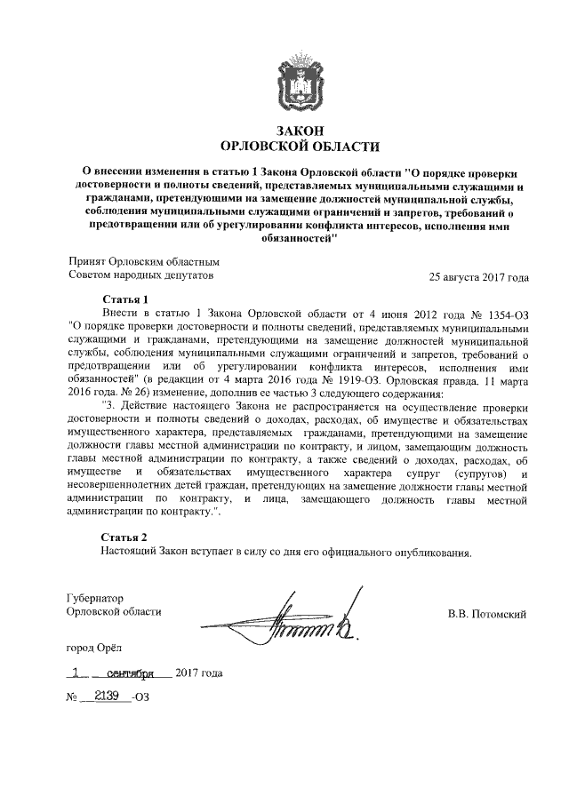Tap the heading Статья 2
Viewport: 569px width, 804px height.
[x=124, y=537]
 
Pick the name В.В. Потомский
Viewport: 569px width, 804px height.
[x=487, y=612]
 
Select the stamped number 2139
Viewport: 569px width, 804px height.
[x=108, y=697]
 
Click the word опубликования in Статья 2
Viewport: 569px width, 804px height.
[x=429, y=552]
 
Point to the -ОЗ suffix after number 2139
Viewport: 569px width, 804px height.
[x=140, y=698]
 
